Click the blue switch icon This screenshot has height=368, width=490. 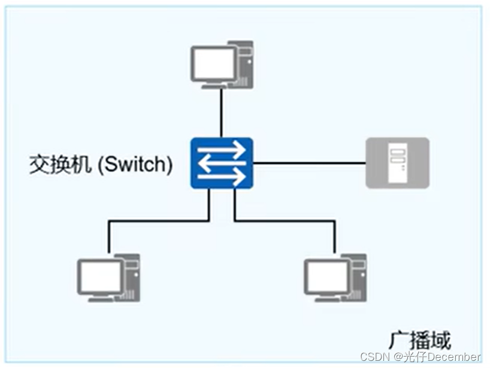coord(222,163)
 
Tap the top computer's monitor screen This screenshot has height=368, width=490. coord(214,63)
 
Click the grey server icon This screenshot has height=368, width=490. coord(397,163)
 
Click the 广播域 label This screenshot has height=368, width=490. coord(419,340)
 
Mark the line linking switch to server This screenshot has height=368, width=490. coord(308,163)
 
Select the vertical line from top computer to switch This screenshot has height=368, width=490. coord(222,114)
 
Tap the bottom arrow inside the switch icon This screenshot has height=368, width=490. coord(222,176)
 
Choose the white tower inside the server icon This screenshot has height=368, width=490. coord(397,163)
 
